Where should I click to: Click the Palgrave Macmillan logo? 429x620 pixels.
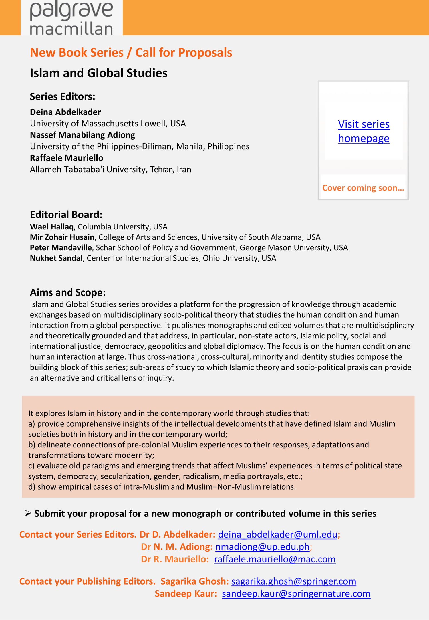click(71, 18)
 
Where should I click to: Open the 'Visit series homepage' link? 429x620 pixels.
click(364, 131)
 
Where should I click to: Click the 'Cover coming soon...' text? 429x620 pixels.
click(363, 188)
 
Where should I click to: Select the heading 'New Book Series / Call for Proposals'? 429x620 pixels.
click(131, 53)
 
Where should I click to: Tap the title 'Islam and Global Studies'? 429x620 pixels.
click(99, 73)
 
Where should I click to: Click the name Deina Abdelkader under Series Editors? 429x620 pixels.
click(65, 112)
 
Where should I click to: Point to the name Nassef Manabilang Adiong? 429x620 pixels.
click(82, 135)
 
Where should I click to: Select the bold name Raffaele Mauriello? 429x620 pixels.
click(66, 158)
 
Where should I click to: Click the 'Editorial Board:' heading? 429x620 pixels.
click(66, 215)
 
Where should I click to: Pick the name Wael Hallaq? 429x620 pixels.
click(52, 227)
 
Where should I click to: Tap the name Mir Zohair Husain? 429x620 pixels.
click(62, 237)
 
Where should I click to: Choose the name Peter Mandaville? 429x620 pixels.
click(61, 247)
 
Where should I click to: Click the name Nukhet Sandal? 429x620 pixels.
click(56, 258)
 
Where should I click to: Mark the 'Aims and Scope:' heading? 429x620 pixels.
click(68, 292)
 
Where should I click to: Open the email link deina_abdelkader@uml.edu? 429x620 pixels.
click(277, 534)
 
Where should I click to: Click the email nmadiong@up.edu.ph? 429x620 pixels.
click(262, 547)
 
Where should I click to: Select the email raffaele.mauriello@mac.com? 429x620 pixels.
click(275, 559)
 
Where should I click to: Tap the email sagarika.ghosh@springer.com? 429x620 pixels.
click(293, 581)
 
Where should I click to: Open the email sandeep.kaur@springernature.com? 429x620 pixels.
click(296, 593)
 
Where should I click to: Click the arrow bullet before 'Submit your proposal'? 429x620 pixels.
click(28, 513)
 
